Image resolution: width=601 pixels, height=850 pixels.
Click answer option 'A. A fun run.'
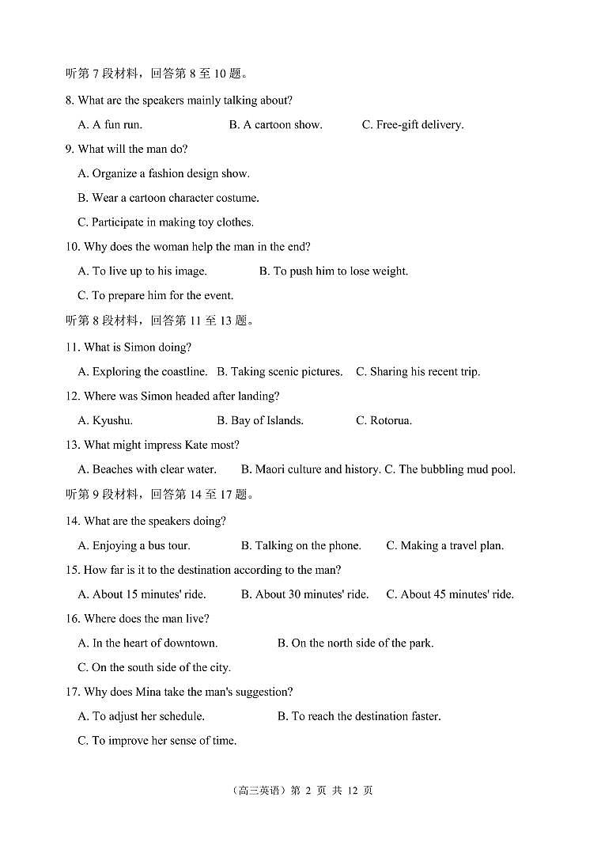coord(110,124)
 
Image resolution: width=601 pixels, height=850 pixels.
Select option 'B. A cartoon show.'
coord(275,124)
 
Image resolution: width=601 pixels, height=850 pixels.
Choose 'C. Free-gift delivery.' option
coord(413,124)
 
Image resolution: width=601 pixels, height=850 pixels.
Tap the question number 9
coord(70,149)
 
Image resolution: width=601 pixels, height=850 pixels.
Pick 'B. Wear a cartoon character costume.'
coord(168,198)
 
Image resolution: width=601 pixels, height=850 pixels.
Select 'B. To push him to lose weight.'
coord(334,271)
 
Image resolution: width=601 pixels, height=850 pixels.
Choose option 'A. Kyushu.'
coord(105,420)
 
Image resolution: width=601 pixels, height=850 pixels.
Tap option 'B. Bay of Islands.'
coord(260,420)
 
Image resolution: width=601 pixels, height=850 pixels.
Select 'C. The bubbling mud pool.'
coord(450,469)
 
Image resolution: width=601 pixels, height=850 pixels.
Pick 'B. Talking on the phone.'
coord(301,545)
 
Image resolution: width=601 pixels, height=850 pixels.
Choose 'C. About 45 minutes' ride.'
coord(450,594)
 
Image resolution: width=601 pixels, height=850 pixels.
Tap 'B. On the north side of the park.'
coord(356,643)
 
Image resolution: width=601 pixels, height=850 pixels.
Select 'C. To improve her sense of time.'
coord(157,741)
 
